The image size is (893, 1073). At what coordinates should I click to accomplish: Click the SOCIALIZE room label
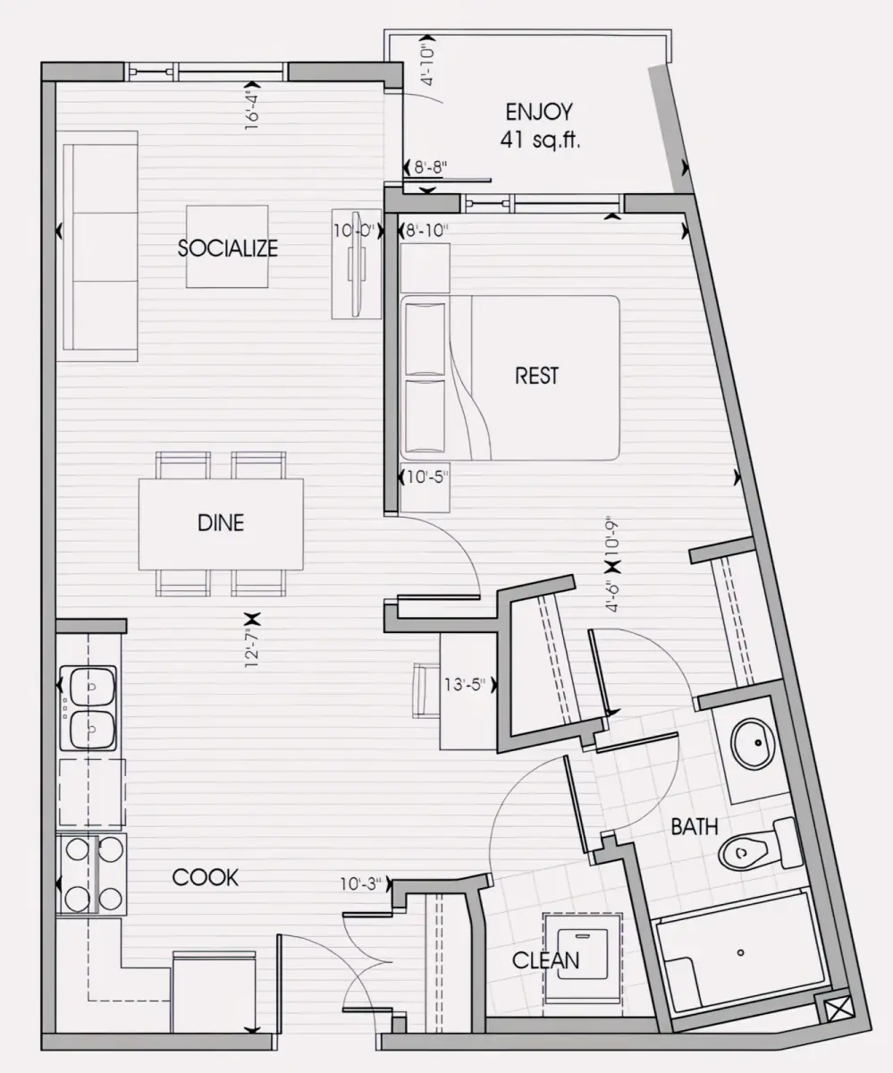[228, 249]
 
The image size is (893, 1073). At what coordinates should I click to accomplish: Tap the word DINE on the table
[221, 523]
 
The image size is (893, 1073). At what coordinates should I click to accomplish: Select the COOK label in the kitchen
[205, 878]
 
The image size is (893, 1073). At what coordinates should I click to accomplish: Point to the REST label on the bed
[536, 376]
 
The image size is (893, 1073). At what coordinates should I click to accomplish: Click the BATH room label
[695, 827]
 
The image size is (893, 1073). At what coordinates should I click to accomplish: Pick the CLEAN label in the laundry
[545, 960]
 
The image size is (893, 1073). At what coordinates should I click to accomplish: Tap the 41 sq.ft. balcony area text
[540, 139]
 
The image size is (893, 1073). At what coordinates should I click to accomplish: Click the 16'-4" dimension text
[252, 110]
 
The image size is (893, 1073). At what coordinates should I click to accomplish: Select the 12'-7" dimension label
[252, 648]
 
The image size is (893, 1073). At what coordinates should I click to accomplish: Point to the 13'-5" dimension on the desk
[465, 685]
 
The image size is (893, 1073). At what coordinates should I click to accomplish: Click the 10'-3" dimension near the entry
[361, 883]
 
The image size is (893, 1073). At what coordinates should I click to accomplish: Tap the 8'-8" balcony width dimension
[431, 167]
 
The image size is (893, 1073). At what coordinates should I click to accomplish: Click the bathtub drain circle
[740, 952]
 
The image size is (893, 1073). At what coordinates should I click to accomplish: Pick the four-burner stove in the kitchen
[91, 874]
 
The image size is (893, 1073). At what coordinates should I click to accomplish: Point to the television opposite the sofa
[357, 264]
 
